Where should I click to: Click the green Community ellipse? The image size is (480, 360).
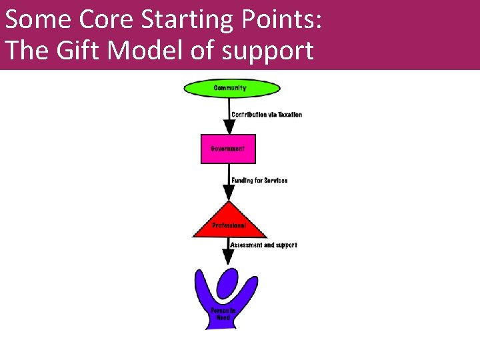231,88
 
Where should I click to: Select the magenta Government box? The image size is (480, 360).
228,149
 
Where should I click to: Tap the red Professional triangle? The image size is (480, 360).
229,223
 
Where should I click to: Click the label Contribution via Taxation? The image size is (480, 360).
267,115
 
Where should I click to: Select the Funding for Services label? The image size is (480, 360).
259,181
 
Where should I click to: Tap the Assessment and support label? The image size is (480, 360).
263,245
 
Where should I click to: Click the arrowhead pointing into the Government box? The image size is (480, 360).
229,127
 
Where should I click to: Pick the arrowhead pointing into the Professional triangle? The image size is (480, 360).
229,193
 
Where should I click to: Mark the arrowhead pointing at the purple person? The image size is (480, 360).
229,257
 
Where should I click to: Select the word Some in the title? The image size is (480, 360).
38,19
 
